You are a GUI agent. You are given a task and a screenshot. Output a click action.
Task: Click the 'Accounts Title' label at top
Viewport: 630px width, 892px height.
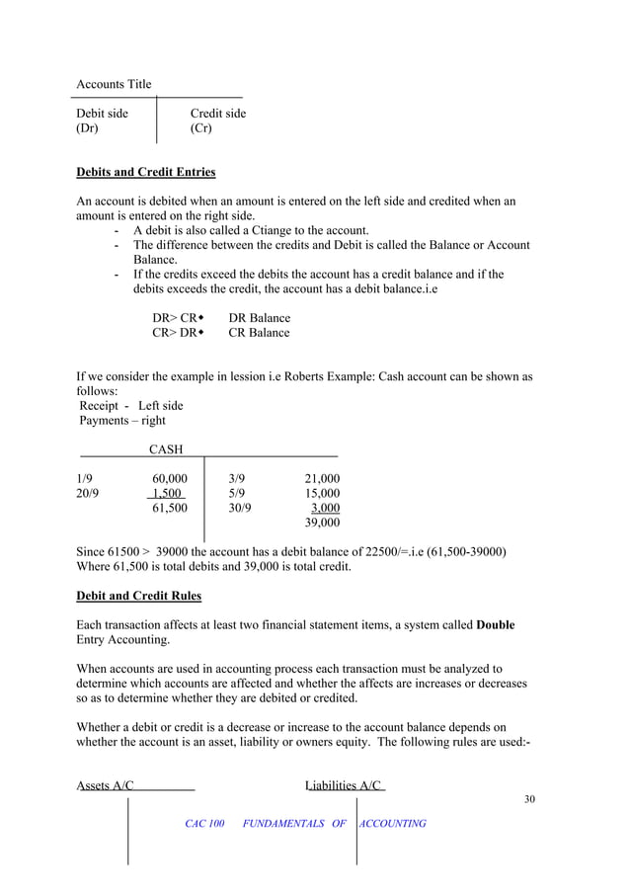pos(115,84)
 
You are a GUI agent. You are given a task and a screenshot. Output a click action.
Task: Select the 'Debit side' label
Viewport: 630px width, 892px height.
pos(103,114)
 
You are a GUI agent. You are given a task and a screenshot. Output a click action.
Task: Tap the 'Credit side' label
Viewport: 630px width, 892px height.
pos(218,114)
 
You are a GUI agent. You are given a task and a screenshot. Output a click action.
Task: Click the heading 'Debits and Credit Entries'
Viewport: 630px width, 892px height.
pos(146,172)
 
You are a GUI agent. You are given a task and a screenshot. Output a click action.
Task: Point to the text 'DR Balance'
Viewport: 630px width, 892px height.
pos(260,318)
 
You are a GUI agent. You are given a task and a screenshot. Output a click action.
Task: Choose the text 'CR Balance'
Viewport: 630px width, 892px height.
pos(260,333)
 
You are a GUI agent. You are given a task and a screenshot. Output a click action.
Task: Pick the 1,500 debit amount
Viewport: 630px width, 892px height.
pos(169,494)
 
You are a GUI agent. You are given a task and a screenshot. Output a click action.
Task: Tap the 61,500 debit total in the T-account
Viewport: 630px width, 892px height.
pos(169,508)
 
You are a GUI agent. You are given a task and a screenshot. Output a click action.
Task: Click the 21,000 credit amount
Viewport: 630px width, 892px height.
pos(322,479)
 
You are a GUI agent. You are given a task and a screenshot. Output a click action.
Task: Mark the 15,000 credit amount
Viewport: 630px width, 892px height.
pos(322,494)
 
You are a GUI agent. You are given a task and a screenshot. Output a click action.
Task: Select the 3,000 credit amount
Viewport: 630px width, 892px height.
pos(326,508)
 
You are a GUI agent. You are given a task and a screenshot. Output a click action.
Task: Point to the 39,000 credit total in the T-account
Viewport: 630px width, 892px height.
pos(322,523)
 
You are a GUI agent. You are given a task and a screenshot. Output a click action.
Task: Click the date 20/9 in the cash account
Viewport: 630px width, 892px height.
pos(88,494)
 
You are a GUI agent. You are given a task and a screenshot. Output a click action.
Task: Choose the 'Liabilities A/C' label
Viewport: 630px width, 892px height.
pos(344,785)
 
